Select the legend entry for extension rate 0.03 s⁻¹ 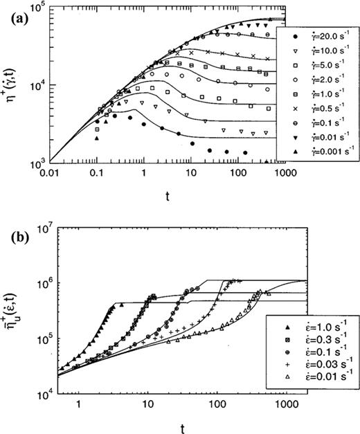pos(316,364)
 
